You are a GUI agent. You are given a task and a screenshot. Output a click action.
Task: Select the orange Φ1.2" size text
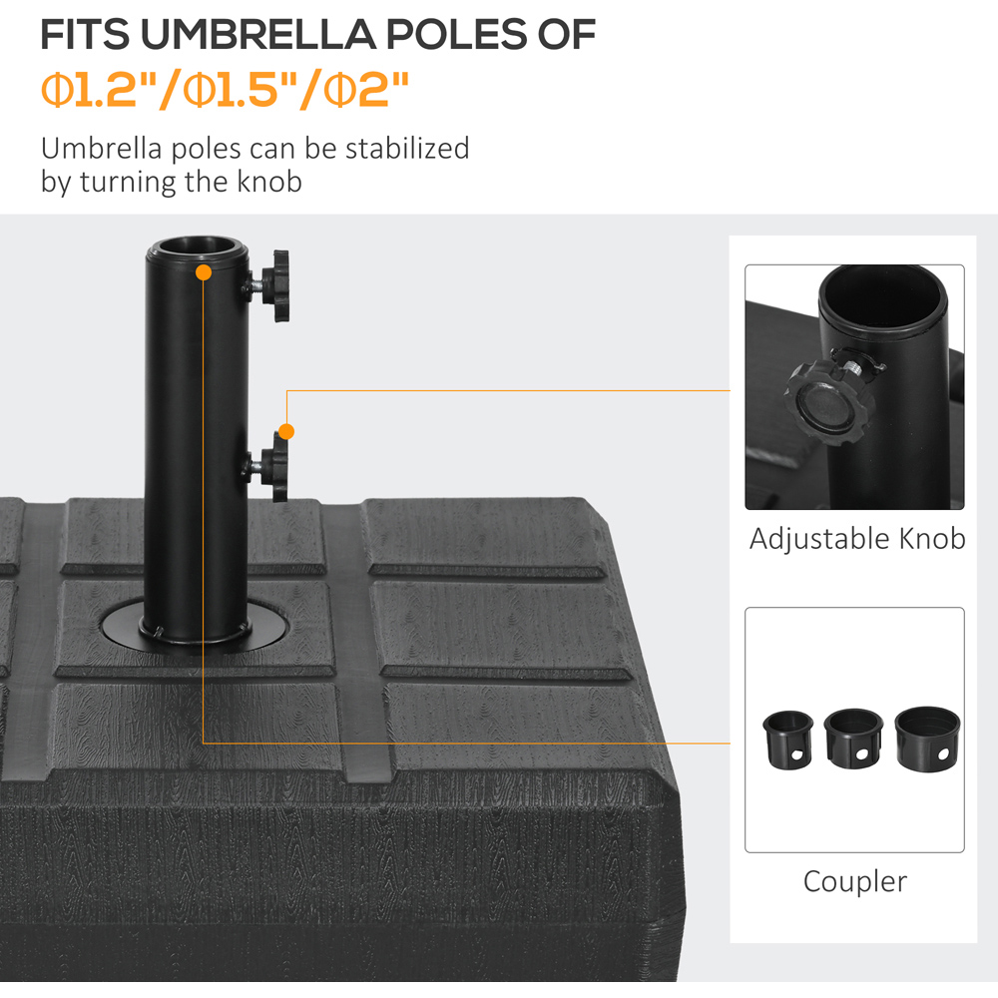[x=90, y=90]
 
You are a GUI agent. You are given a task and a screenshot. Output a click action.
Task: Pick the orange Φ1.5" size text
[x=232, y=90]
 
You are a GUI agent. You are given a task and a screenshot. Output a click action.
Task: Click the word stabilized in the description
[x=407, y=149]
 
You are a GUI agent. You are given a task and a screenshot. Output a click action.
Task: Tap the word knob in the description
[x=269, y=182]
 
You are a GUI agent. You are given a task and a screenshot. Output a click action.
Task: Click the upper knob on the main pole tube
[x=275, y=285]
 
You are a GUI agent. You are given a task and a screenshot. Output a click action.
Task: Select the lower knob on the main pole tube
[x=273, y=467]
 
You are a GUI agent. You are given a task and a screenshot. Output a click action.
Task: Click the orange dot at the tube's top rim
[x=204, y=272]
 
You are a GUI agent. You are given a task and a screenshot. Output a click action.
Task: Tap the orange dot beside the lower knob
[x=286, y=431]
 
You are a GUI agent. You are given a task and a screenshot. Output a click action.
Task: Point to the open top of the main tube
[x=198, y=247]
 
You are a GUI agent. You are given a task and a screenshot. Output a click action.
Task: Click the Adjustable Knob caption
[x=856, y=539]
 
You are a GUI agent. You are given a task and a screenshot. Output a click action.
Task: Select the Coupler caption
[x=855, y=881]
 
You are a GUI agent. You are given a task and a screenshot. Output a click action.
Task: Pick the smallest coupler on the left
[x=788, y=740]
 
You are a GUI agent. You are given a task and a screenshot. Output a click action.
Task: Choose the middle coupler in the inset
[x=853, y=738]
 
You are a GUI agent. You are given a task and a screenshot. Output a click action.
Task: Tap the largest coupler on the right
[x=927, y=739]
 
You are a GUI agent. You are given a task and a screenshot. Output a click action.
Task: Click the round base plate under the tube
[x=195, y=627]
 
